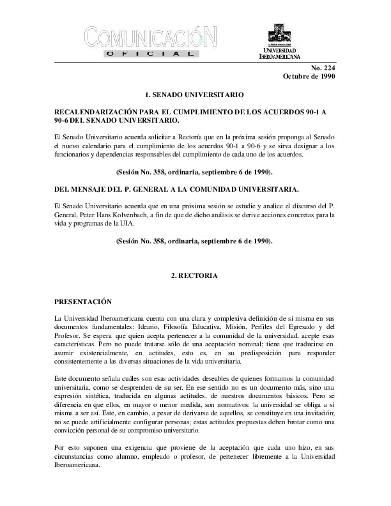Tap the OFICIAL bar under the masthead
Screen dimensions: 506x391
(148, 56)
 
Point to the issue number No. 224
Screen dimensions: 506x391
(323, 68)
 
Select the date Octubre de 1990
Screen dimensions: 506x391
(309, 77)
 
